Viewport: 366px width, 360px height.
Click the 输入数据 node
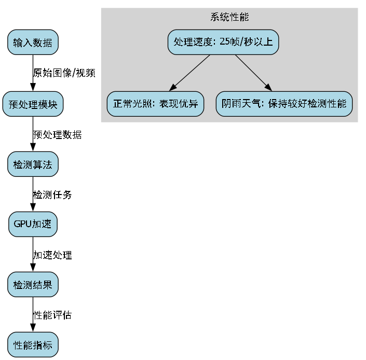coord(33,43)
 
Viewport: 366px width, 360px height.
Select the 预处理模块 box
coord(33,104)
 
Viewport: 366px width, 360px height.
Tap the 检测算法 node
coord(33,164)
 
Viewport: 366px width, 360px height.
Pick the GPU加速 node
coord(33,225)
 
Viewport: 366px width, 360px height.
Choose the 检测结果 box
coord(33,285)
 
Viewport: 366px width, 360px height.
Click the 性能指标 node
coord(33,345)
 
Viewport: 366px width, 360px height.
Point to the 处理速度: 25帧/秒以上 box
coord(223,42)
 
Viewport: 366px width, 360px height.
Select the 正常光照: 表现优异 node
coord(156,104)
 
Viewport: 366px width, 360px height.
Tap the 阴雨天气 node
coord(284,104)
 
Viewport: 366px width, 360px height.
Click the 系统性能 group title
coord(229,17)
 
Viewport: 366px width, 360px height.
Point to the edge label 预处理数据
coord(57,134)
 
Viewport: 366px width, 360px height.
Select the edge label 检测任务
coord(52,195)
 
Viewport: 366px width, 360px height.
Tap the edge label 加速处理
coord(52,255)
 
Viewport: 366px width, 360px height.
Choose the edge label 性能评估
coord(52,315)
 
